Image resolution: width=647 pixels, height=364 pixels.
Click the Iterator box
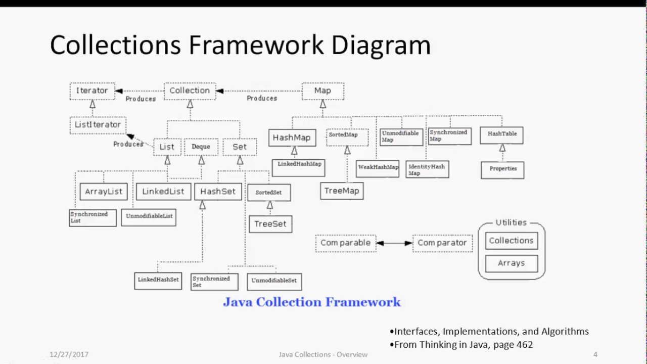click(x=92, y=91)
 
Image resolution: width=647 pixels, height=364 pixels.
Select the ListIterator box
click(x=98, y=125)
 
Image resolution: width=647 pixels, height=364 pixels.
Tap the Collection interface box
click(x=190, y=91)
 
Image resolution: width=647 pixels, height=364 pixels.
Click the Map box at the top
click(x=322, y=91)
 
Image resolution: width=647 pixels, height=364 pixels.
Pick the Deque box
click(x=201, y=147)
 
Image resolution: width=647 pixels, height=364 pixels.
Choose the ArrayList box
click(x=104, y=192)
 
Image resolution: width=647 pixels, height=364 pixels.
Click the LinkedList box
click(x=163, y=192)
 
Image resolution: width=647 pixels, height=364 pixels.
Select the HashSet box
click(x=218, y=192)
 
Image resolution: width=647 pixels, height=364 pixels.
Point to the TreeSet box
click(x=270, y=224)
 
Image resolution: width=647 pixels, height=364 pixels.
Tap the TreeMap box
click(x=342, y=191)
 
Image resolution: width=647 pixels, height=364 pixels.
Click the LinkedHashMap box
click(x=299, y=164)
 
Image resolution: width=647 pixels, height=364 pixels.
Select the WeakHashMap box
click(x=378, y=167)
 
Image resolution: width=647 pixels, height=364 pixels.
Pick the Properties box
click(x=502, y=169)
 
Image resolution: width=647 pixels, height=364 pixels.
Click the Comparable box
click(x=345, y=243)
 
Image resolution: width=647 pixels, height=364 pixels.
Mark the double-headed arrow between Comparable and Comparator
click(x=394, y=243)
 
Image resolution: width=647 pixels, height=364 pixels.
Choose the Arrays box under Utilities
click(x=511, y=263)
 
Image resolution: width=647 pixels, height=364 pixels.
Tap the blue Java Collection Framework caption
click(x=312, y=302)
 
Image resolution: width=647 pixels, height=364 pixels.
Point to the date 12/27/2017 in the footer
click(x=69, y=354)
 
